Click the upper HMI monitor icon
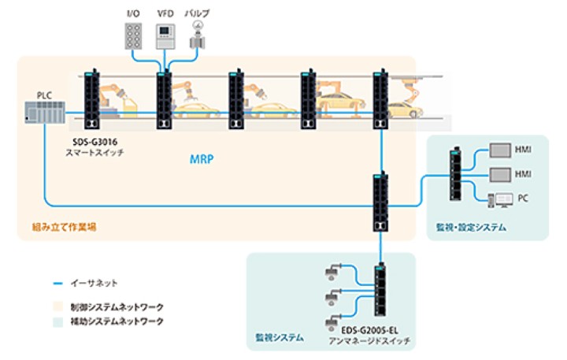(500, 149)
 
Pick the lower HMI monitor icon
(500, 173)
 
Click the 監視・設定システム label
(471, 228)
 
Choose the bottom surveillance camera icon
(331, 317)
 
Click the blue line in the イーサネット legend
(57, 281)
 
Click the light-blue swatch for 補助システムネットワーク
(57, 321)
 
